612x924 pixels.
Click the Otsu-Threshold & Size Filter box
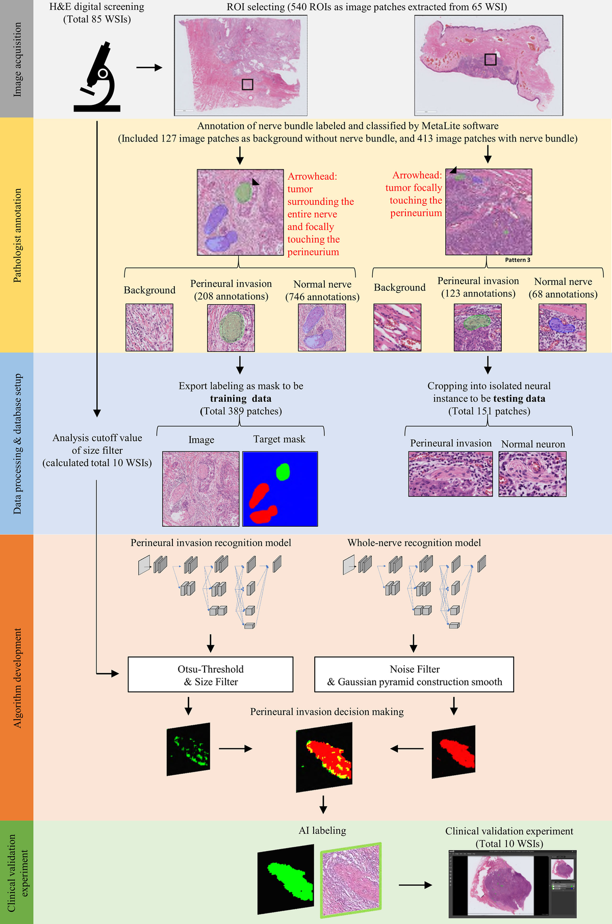pos(210,674)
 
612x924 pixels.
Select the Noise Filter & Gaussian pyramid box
pos(414,674)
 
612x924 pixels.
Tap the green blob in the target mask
pos(283,472)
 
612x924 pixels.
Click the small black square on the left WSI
pos(247,84)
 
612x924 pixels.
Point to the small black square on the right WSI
pos(490,60)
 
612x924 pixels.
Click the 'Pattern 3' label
pos(518,260)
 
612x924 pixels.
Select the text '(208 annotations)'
pos(231,296)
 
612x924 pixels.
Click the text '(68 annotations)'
pos(563,294)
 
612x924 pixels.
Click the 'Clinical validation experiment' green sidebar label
pos(17,872)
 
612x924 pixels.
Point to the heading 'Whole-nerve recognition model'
pos(414,543)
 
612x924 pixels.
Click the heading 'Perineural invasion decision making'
pos(327,712)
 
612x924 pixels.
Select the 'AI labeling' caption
pos(322,830)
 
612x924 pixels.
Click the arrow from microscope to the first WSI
pos(149,67)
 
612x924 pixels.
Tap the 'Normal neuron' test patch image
pos(532,474)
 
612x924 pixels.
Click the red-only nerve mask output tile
pos(454,752)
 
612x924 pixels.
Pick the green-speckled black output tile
pos(188,749)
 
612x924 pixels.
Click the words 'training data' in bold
pos(241,399)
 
